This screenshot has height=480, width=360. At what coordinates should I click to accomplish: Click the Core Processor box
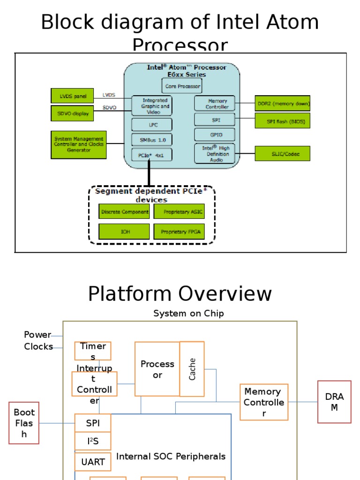click(182, 86)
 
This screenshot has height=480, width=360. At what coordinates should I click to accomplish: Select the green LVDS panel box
click(72, 96)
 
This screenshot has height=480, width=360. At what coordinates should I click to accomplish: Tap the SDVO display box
click(72, 113)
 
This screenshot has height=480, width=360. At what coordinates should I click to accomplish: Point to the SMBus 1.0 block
click(151, 140)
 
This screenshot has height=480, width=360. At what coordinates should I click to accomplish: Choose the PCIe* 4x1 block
click(151, 155)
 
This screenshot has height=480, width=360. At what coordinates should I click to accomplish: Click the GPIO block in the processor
click(215, 135)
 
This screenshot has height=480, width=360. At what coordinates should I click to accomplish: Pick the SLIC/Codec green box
click(283, 153)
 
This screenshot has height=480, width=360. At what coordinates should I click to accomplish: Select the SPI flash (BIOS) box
click(283, 120)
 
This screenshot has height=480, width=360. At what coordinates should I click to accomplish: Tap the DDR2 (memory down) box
click(283, 103)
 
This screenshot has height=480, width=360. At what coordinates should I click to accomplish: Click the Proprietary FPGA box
click(179, 232)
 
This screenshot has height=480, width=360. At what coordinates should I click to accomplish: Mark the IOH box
click(124, 232)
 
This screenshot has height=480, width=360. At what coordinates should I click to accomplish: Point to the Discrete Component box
click(124, 212)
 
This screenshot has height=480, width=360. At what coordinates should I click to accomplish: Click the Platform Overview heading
click(180, 294)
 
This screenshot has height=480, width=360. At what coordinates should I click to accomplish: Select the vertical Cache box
click(192, 369)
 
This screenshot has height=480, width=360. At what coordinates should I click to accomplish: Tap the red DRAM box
click(334, 402)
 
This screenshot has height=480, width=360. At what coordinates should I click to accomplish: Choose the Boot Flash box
click(24, 423)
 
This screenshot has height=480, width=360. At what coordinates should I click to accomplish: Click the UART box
click(93, 462)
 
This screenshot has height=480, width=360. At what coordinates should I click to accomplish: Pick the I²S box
click(93, 441)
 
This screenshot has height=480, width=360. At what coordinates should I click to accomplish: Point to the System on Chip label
click(188, 314)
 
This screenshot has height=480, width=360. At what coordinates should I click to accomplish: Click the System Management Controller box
click(79, 144)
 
